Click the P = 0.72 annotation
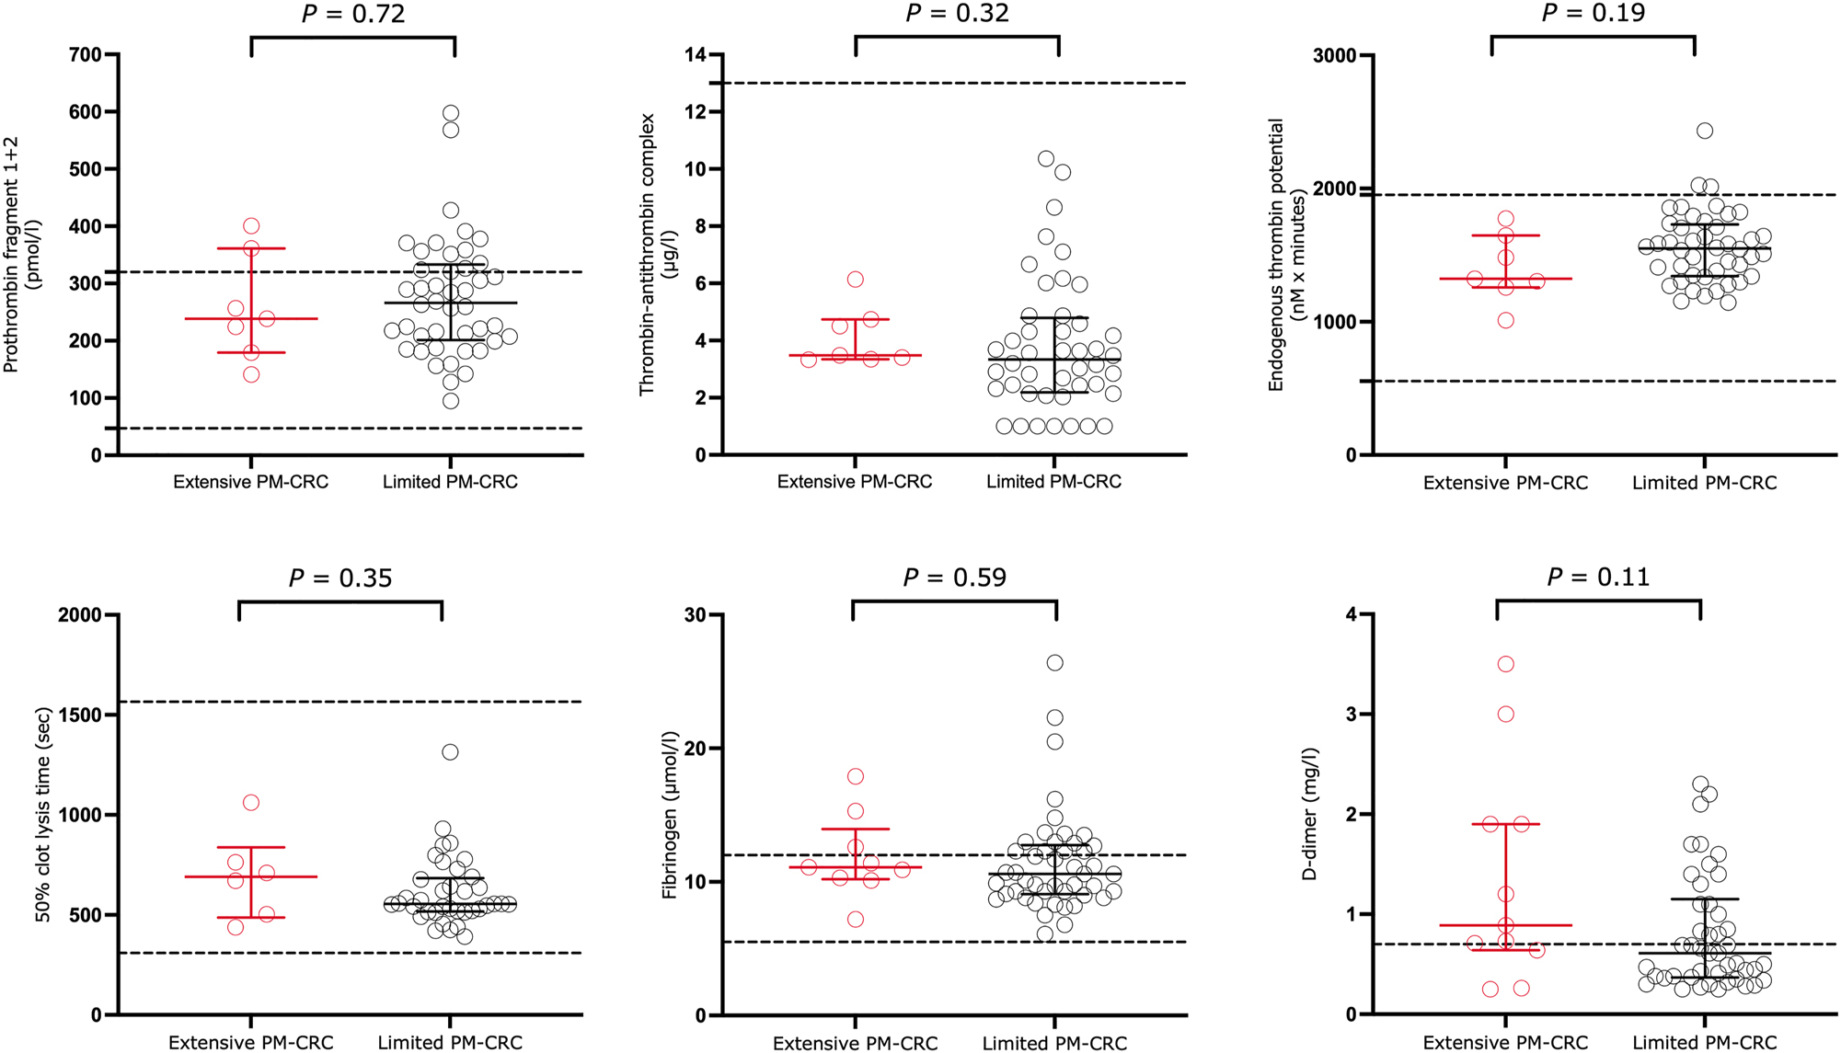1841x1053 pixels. click(x=353, y=14)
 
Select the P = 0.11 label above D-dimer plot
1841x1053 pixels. click(x=1598, y=577)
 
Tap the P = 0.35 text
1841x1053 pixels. click(x=340, y=578)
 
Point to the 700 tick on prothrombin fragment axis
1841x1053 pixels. click(x=86, y=55)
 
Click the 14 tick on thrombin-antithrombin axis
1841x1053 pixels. click(x=696, y=55)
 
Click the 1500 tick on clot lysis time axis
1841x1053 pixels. click(x=79, y=715)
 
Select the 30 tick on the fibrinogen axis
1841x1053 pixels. click(x=696, y=614)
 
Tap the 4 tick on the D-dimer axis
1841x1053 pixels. click(x=1351, y=614)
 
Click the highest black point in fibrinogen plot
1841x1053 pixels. click(x=1054, y=663)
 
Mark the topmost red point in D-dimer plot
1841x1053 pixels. click(x=1506, y=664)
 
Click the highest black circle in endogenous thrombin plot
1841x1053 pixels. click(x=1705, y=131)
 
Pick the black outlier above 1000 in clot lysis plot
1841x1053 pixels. click(x=450, y=752)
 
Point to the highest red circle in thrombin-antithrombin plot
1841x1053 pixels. click(x=856, y=280)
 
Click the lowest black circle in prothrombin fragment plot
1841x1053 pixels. click(x=451, y=401)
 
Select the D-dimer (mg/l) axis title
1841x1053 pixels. click(x=1310, y=813)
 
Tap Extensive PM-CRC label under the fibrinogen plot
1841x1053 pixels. click(x=855, y=1043)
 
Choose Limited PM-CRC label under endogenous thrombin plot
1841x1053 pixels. click(x=1704, y=483)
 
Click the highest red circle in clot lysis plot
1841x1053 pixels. click(x=251, y=803)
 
